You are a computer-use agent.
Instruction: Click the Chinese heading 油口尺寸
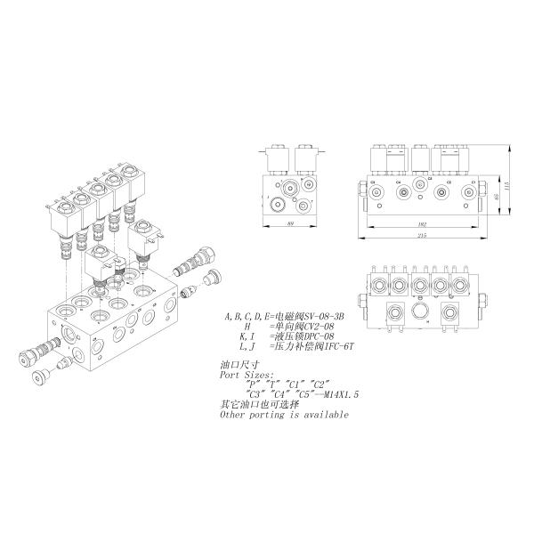[238, 365]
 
